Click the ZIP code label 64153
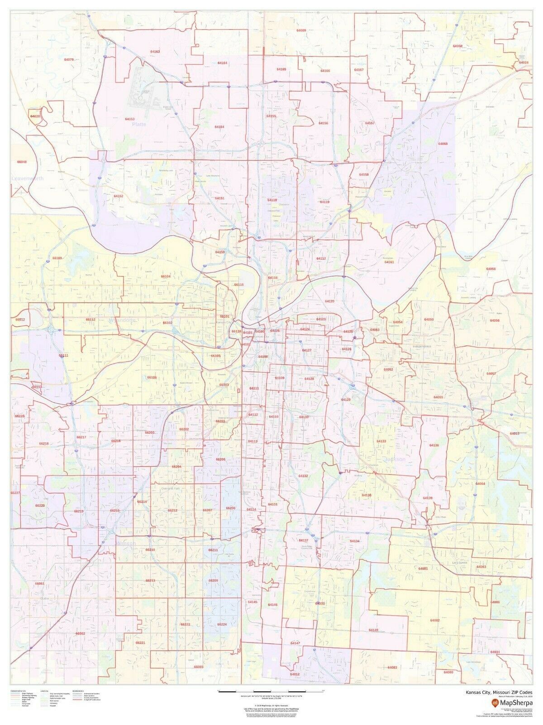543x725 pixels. (x=129, y=119)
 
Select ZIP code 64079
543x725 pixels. (x=69, y=59)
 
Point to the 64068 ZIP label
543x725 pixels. (x=443, y=144)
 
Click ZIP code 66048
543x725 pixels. (x=22, y=162)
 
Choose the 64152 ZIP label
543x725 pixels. (x=119, y=196)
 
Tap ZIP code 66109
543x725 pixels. (x=57, y=258)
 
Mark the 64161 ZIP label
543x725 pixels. (x=389, y=262)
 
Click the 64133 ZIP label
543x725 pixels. (x=381, y=441)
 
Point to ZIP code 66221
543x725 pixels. (x=140, y=643)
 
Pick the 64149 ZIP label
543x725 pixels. (x=373, y=630)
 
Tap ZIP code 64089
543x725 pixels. (x=301, y=30)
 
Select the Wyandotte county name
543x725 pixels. (x=123, y=320)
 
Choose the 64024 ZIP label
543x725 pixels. (x=524, y=62)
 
